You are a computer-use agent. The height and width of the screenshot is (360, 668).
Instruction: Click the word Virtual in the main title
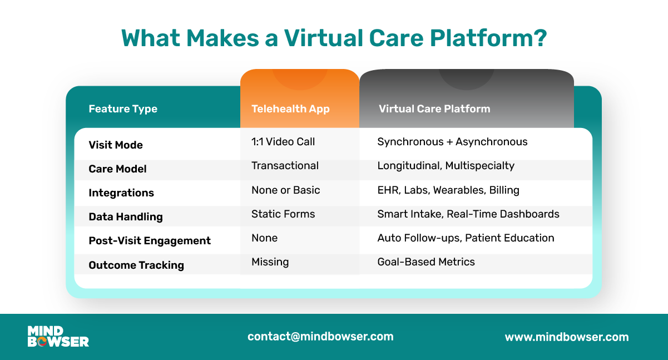[323, 38]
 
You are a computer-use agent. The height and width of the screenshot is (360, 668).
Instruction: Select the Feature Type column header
[123, 109]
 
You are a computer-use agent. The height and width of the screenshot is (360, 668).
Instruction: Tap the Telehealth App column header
[290, 109]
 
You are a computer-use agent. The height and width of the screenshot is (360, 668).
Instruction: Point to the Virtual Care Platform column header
[434, 109]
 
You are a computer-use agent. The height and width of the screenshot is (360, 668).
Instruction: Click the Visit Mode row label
[116, 145]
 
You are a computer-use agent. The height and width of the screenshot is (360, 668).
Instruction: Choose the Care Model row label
[117, 169]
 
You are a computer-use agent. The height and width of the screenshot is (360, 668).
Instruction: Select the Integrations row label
[121, 193]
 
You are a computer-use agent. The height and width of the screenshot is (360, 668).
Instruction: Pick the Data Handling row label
[126, 217]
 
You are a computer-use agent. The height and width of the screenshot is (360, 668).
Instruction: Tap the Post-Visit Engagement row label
[150, 241]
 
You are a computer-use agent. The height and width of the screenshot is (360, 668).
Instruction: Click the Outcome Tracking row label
[136, 265]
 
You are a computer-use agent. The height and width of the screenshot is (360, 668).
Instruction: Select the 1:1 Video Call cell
[283, 142]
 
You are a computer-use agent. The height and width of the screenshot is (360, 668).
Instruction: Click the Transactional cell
[285, 166]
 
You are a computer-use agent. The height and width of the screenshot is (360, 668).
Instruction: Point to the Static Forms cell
[283, 214]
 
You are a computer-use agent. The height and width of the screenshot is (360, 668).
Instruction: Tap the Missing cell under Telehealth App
[270, 262]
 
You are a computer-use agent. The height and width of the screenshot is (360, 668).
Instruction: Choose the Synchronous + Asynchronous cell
[452, 142]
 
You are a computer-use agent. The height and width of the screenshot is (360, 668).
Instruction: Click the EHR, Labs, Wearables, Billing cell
[448, 190]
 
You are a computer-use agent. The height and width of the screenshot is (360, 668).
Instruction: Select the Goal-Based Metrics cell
[426, 262]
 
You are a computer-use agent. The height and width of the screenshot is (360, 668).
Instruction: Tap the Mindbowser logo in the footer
[58, 337]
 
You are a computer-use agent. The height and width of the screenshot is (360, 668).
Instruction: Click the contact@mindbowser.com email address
[320, 337]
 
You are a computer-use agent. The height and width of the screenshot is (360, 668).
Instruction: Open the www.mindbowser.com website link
[567, 337]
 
